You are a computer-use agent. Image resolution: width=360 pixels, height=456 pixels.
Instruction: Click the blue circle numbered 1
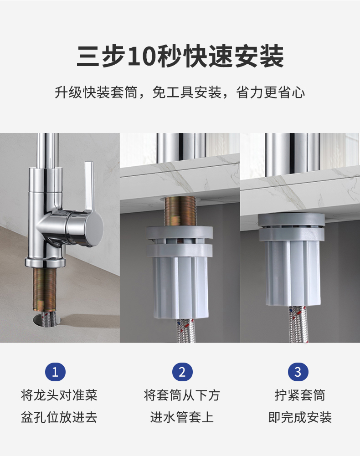(x=55, y=372)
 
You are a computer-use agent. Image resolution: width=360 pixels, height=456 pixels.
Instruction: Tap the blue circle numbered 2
(x=182, y=372)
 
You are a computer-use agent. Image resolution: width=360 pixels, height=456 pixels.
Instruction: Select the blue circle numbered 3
(x=298, y=372)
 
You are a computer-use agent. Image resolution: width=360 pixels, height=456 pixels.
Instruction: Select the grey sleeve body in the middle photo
(x=180, y=272)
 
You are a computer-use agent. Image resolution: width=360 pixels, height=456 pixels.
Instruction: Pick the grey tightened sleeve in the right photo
(x=292, y=260)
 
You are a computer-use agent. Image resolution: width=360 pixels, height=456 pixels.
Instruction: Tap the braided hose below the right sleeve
(x=297, y=324)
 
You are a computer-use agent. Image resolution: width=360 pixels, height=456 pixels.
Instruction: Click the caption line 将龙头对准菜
(x=59, y=395)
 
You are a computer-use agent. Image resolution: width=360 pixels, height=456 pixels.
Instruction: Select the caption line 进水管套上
(x=182, y=417)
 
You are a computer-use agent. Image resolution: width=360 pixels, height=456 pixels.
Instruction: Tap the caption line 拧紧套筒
(x=300, y=395)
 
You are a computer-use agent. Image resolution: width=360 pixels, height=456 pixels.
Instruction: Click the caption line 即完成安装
(x=300, y=417)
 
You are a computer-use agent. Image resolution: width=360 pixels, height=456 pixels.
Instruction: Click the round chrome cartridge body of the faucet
(x=84, y=228)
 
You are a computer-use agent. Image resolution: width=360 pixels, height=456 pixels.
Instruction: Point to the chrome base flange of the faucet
(x=45, y=261)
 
